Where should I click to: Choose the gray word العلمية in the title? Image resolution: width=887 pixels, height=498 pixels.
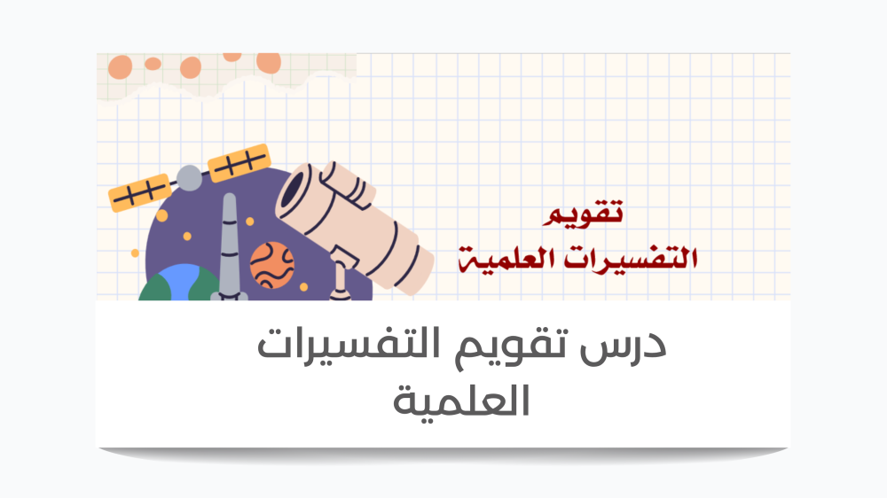click(461, 401)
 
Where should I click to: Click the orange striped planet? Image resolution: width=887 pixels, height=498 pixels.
click(272, 265)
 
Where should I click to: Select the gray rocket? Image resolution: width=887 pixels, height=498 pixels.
click(229, 247)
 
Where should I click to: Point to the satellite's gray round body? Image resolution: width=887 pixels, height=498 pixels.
click(189, 178)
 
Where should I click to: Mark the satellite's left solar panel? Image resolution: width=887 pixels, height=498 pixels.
click(139, 193)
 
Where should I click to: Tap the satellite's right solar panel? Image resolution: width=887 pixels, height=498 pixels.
click(239, 163)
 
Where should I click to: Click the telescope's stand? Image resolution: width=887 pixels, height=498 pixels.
click(341, 273)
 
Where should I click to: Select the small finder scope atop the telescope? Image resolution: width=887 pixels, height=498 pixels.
click(347, 183)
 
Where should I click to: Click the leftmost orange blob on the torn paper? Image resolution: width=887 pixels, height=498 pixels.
click(120, 66)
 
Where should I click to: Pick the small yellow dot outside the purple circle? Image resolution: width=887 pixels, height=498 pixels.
click(135, 253)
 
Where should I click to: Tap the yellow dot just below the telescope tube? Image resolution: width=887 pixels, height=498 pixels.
click(303, 287)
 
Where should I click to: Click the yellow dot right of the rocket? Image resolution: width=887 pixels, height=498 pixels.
click(250, 222)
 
